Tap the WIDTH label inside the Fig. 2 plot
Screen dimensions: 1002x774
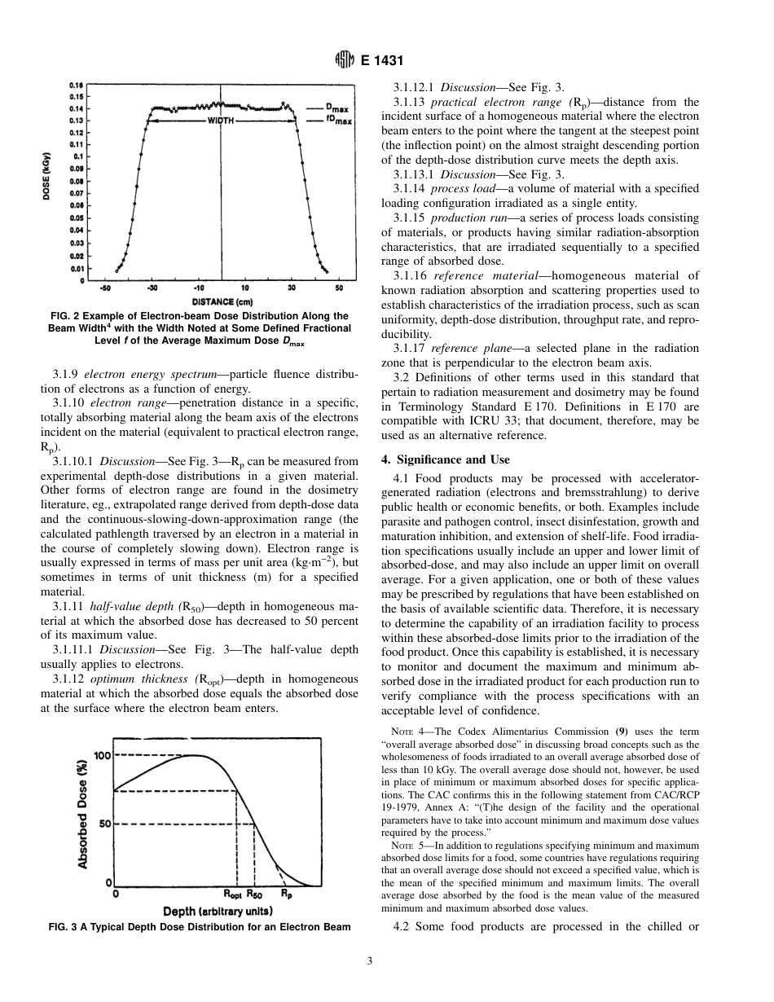pyautogui.click(x=221, y=121)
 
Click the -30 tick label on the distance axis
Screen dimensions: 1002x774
pyautogui.click(x=152, y=288)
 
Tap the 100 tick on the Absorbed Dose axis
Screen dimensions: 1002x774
pyautogui.click(x=102, y=755)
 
